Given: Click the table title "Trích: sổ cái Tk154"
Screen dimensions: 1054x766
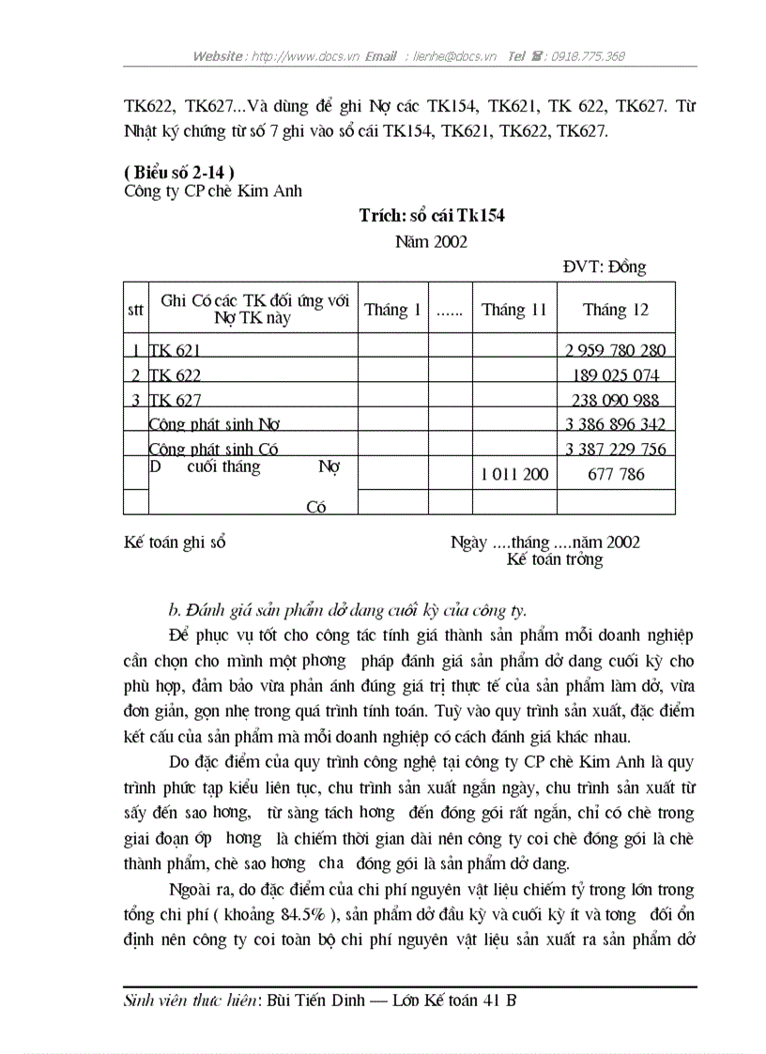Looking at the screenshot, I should [432, 216].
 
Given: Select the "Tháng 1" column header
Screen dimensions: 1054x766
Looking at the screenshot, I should [392, 310].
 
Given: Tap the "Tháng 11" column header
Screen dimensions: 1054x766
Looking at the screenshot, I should [513, 310].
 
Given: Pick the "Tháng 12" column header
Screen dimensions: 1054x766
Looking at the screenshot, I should [615, 310].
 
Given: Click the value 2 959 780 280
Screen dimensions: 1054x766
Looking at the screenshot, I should [615, 351].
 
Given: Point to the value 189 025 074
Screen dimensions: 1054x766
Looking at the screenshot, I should [615, 375].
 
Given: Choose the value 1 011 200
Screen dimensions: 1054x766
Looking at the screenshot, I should [513, 475].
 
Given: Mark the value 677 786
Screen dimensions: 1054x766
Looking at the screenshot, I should [615, 475].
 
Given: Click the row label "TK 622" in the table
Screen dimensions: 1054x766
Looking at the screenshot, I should [176, 375].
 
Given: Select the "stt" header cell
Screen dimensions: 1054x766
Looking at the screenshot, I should [135, 311].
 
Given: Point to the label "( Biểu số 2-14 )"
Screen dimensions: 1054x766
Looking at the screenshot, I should [178, 172].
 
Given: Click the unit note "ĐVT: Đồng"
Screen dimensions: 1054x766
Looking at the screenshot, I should [604, 267].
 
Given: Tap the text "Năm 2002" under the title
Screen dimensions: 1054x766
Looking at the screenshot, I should [431, 241].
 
